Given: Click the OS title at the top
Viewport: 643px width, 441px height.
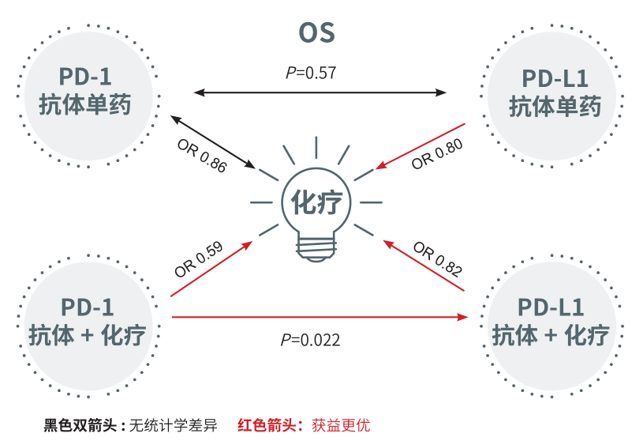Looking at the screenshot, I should (316, 32).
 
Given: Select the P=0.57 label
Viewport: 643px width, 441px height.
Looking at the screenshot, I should (311, 73).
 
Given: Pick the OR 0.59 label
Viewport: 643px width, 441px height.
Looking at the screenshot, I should (200, 258).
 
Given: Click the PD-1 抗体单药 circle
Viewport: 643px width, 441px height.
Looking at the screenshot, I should (85, 92).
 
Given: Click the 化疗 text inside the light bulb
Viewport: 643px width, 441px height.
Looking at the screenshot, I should (316, 202).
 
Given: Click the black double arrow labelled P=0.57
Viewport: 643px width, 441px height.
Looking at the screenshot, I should (320, 92).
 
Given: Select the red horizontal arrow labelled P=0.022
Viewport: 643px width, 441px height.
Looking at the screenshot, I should (320, 317).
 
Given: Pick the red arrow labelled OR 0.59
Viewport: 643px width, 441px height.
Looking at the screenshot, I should (211, 269).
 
